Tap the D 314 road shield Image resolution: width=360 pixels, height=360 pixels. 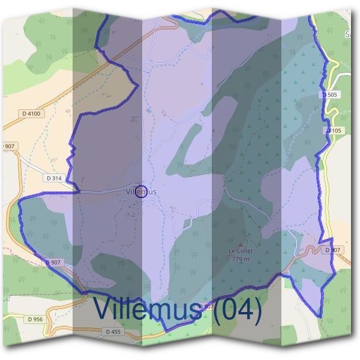54,178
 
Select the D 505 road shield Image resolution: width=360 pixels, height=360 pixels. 330,95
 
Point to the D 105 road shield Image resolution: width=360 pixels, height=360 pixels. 334,130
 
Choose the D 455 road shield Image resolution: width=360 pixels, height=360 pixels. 113,331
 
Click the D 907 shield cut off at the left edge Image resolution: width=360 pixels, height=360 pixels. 7,146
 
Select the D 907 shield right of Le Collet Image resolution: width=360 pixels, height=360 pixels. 331,250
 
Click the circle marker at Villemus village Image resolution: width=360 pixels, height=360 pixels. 141,191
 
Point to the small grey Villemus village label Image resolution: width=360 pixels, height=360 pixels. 142,192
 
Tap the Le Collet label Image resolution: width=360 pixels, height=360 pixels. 241,251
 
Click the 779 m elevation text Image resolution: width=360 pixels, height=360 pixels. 241,259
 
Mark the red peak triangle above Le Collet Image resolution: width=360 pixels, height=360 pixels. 241,245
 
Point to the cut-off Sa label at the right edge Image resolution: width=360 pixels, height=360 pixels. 347,35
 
